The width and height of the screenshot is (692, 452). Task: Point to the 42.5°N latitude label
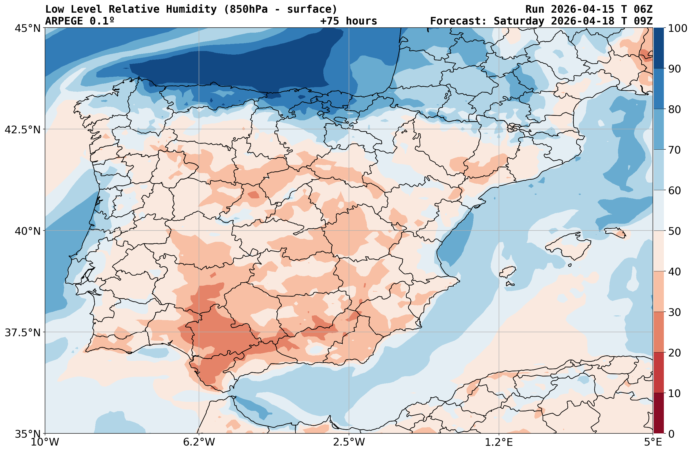[x=23, y=129]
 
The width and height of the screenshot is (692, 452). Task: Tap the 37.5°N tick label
[x=23, y=332]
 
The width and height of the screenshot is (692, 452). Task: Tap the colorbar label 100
[x=677, y=28]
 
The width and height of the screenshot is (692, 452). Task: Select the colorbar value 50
[x=674, y=231]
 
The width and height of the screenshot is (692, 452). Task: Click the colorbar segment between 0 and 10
[x=659, y=413]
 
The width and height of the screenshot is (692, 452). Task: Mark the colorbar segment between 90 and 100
[x=659, y=48]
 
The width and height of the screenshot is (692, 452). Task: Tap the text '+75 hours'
[x=348, y=21]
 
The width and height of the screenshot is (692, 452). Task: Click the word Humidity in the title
[x=191, y=9]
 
